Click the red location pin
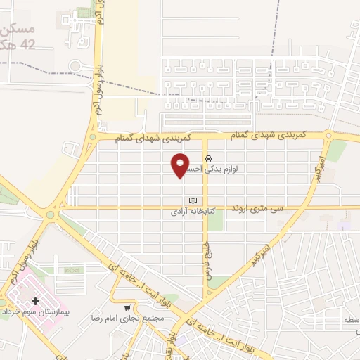[x=181, y=164]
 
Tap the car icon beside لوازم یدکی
[x=208, y=157]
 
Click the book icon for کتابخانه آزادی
[x=193, y=200]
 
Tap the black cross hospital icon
[x=35, y=301]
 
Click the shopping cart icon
[x=127, y=307]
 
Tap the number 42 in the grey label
[x=27, y=44]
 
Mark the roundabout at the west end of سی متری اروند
[x=51, y=214]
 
